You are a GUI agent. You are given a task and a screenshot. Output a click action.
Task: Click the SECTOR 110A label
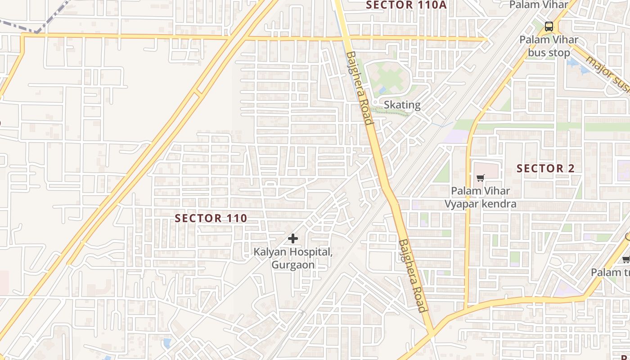[408, 5]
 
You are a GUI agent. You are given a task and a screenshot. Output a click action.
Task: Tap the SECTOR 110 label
[211, 218]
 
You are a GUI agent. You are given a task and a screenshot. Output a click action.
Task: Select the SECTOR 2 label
[545, 169]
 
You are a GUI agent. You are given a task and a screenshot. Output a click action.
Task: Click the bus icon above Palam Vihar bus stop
[549, 27]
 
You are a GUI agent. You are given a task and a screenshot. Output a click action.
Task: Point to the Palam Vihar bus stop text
[549, 46]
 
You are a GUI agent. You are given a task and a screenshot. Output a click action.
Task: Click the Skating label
[402, 105]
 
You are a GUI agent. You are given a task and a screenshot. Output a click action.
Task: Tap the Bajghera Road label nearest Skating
[360, 88]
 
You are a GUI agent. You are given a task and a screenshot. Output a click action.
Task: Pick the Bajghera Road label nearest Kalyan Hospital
[412, 275]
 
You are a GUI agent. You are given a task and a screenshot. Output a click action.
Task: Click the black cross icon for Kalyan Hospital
[293, 238]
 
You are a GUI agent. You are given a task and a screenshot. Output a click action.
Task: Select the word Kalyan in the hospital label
[271, 252]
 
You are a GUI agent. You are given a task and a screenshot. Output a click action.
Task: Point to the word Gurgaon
[293, 265]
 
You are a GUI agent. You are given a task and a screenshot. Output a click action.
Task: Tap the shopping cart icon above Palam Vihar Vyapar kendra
[480, 178]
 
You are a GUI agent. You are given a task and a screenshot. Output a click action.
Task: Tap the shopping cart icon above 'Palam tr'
[625, 259]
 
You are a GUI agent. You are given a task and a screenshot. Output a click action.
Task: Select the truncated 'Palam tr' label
[610, 272]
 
